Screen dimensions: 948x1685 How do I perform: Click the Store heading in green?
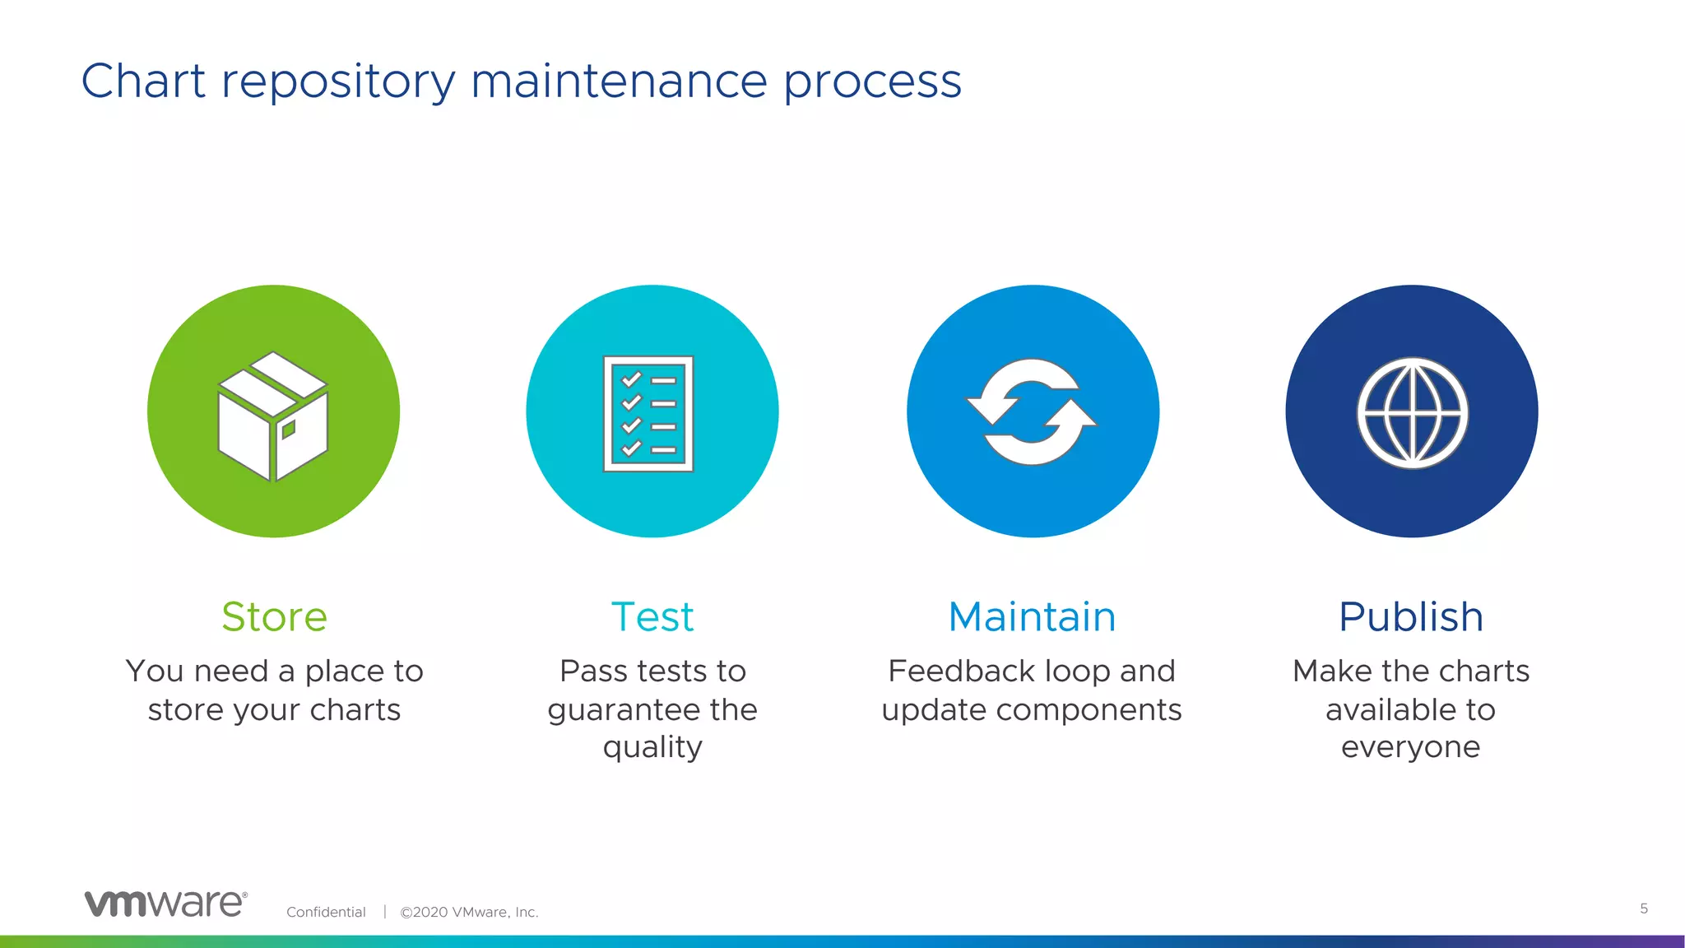[x=274, y=616]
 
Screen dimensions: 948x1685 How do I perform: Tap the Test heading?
[x=652, y=616]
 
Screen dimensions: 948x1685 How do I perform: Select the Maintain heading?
[x=1032, y=616]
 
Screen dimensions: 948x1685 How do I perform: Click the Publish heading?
[x=1410, y=616]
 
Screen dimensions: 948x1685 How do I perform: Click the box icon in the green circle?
[x=273, y=416]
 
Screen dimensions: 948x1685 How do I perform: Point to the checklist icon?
[x=648, y=414]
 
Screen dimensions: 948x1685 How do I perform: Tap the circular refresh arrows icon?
[x=1032, y=412]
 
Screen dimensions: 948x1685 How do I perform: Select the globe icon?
[x=1412, y=413]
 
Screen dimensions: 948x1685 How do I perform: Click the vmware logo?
[x=165, y=904]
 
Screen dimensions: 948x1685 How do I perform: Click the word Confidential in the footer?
[x=326, y=912]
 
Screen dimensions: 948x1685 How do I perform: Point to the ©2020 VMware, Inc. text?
[x=469, y=912]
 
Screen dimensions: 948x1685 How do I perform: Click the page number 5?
[x=1643, y=908]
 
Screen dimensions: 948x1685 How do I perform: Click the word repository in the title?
[x=338, y=82]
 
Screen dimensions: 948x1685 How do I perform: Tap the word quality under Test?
[x=652, y=747]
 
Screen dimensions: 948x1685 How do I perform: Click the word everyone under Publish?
[x=1410, y=747]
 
